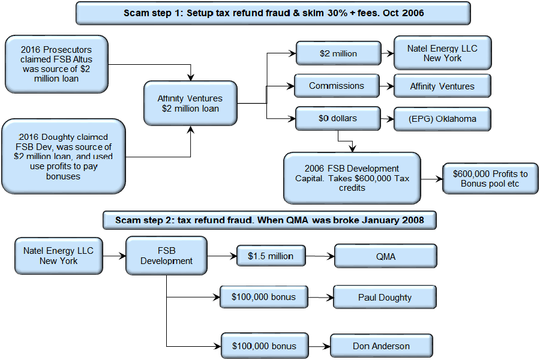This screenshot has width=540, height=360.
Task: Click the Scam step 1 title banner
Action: click(x=273, y=13)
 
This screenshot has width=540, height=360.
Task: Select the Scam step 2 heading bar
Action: click(x=269, y=220)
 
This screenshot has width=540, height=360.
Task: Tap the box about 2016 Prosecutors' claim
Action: click(x=56, y=64)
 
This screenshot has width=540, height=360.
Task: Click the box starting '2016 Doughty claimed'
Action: click(x=64, y=157)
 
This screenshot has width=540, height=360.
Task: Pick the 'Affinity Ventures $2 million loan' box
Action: click(x=190, y=103)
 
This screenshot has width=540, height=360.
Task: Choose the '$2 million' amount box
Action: click(x=338, y=53)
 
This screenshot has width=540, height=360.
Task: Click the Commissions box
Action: click(x=337, y=86)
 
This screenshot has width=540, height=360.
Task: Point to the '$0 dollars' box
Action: click(x=338, y=119)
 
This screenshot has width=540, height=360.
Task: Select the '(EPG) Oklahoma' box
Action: click(x=443, y=119)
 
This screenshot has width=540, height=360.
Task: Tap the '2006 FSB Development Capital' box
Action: click(x=352, y=178)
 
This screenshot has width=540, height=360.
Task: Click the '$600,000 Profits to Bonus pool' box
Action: click(x=490, y=178)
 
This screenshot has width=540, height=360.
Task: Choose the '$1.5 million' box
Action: click(x=271, y=256)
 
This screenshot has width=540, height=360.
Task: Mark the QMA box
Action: click(x=386, y=256)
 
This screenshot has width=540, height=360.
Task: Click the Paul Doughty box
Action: click(x=385, y=298)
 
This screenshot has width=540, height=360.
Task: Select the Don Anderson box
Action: click(x=382, y=346)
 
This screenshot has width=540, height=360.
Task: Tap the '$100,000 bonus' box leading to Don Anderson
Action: click(x=265, y=346)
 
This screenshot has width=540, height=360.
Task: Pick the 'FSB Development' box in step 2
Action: click(x=166, y=256)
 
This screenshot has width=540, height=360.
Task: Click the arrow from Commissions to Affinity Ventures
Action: click(x=387, y=86)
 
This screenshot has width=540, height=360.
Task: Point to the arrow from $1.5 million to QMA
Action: click(x=320, y=256)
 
